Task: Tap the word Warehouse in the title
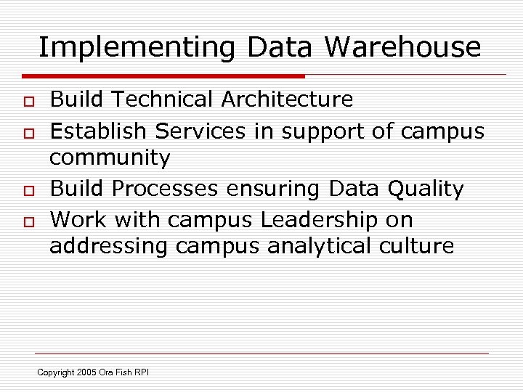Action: point(402,47)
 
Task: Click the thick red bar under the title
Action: point(163,75)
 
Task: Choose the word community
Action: point(110,158)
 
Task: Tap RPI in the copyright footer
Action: point(141,373)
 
